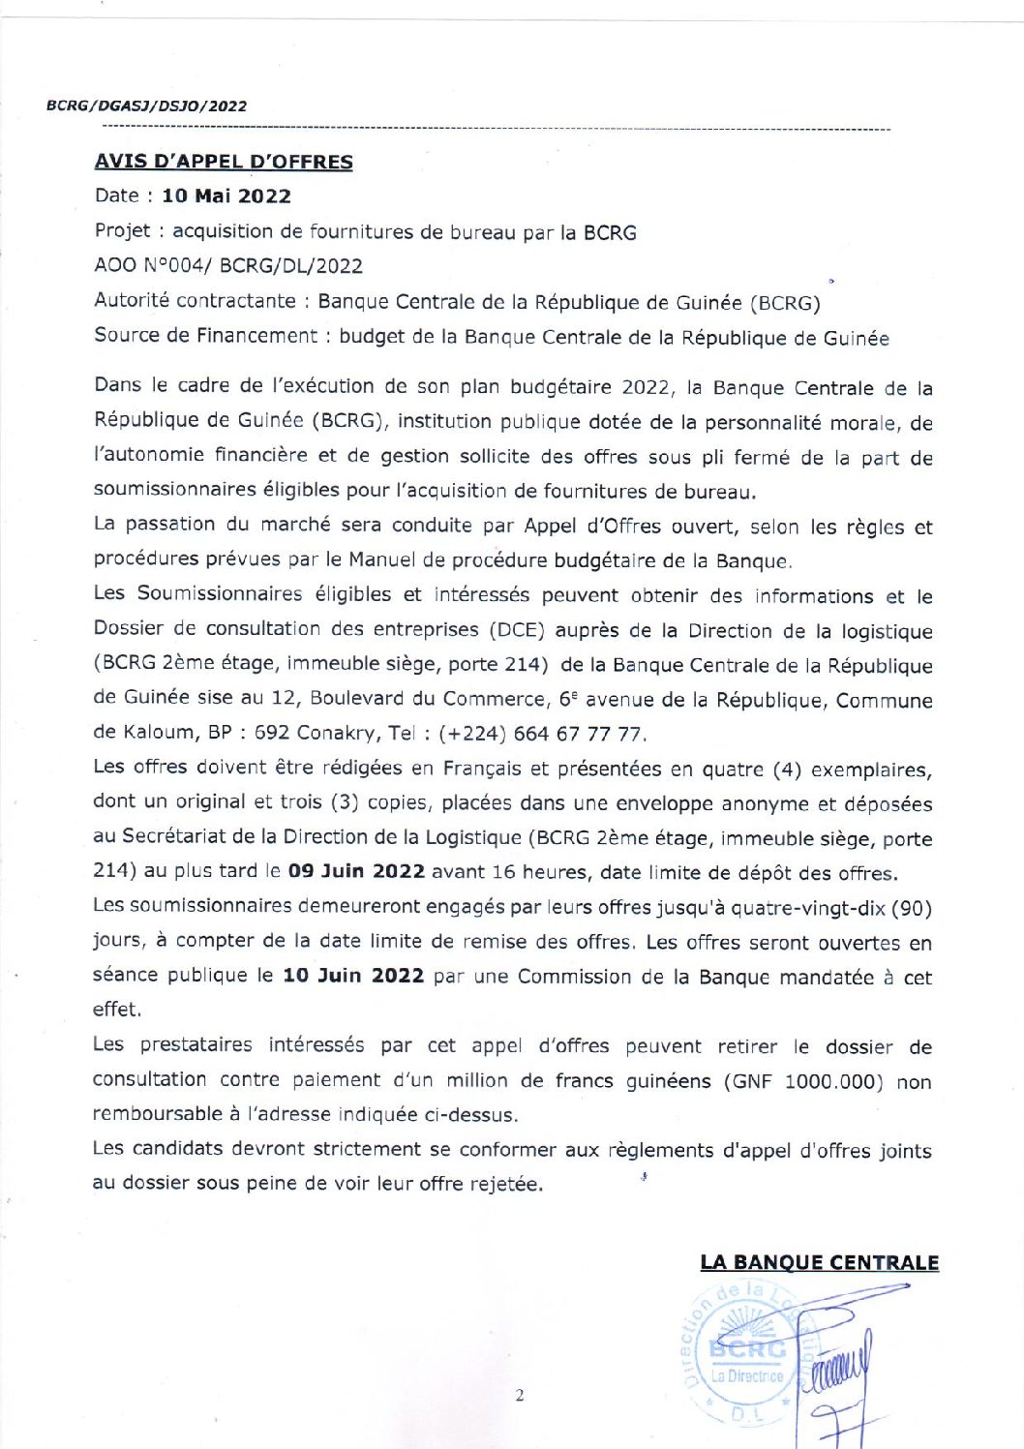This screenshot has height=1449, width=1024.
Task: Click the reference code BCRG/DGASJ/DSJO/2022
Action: pos(146,106)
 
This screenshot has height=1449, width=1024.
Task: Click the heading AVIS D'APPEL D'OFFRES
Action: pos(224,162)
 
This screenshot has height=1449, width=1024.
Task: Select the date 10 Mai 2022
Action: pos(226,196)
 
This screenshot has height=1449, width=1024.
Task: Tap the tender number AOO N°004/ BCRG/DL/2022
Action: pos(228,265)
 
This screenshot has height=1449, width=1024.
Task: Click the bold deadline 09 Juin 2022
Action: pos(357,871)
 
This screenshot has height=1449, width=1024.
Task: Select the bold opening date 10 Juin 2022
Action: pos(353,976)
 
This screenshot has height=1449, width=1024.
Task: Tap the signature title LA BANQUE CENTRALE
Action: pos(819,1262)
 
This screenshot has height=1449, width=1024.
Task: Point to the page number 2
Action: pos(520,1395)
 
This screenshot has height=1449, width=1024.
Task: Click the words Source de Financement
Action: pos(205,336)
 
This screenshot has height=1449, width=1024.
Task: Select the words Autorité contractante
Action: pos(195,301)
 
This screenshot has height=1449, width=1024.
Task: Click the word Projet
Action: pos(122,230)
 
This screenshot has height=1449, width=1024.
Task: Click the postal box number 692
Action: pos(272,733)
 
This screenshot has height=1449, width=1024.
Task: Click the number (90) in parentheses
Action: pos(911,908)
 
